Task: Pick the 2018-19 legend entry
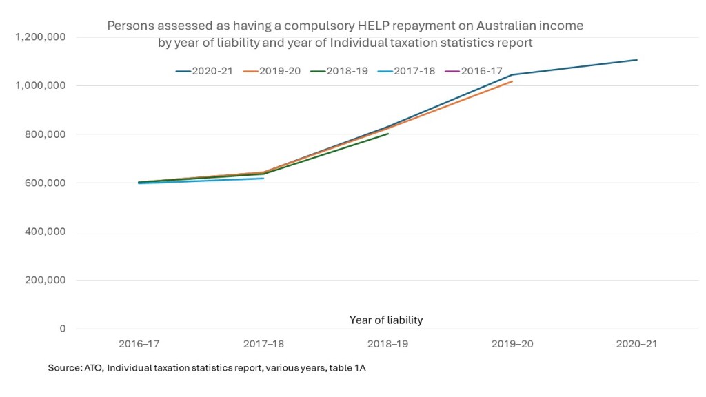[x=343, y=70]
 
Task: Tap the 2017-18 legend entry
[x=410, y=70]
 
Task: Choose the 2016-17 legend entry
[x=478, y=70]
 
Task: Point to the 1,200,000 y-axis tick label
[x=40, y=37]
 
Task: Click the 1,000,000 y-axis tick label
[x=40, y=85]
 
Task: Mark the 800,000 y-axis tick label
[x=44, y=134]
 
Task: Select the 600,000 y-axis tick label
[x=44, y=183]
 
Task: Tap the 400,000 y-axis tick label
[x=44, y=232]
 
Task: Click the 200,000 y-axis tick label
[x=44, y=280]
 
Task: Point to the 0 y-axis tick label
[x=63, y=329]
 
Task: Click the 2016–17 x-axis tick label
[x=139, y=344]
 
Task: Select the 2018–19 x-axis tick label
[x=387, y=344]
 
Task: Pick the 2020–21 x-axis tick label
[x=636, y=344]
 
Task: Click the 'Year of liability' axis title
[x=386, y=320]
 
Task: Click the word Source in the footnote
[x=63, y=369]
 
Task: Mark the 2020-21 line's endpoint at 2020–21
[x=637, y=60]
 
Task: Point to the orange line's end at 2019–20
[x=512, y=81]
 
